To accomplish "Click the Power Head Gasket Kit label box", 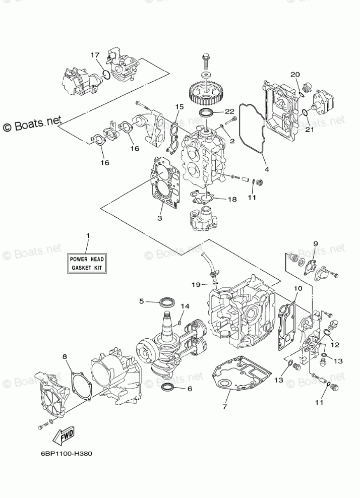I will (x=87, y=263).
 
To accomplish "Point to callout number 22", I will (x=230, y=111).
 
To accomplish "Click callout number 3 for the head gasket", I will (x=159, y=218).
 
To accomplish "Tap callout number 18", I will (x=231, y=199).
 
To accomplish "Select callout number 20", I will (x=295, y=74).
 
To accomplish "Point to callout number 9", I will (x=315, y=243).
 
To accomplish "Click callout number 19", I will (x=196, y=284).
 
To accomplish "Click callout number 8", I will (x=65, y=357).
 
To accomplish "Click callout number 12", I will (x=335, y=345).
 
